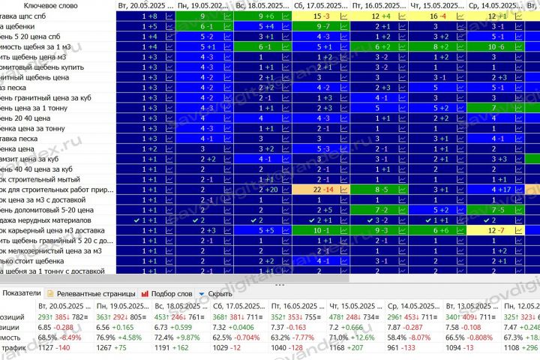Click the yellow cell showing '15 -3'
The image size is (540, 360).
(317, 15)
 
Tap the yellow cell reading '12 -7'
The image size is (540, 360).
(493, 229)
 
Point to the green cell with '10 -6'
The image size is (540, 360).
(493, 46)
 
